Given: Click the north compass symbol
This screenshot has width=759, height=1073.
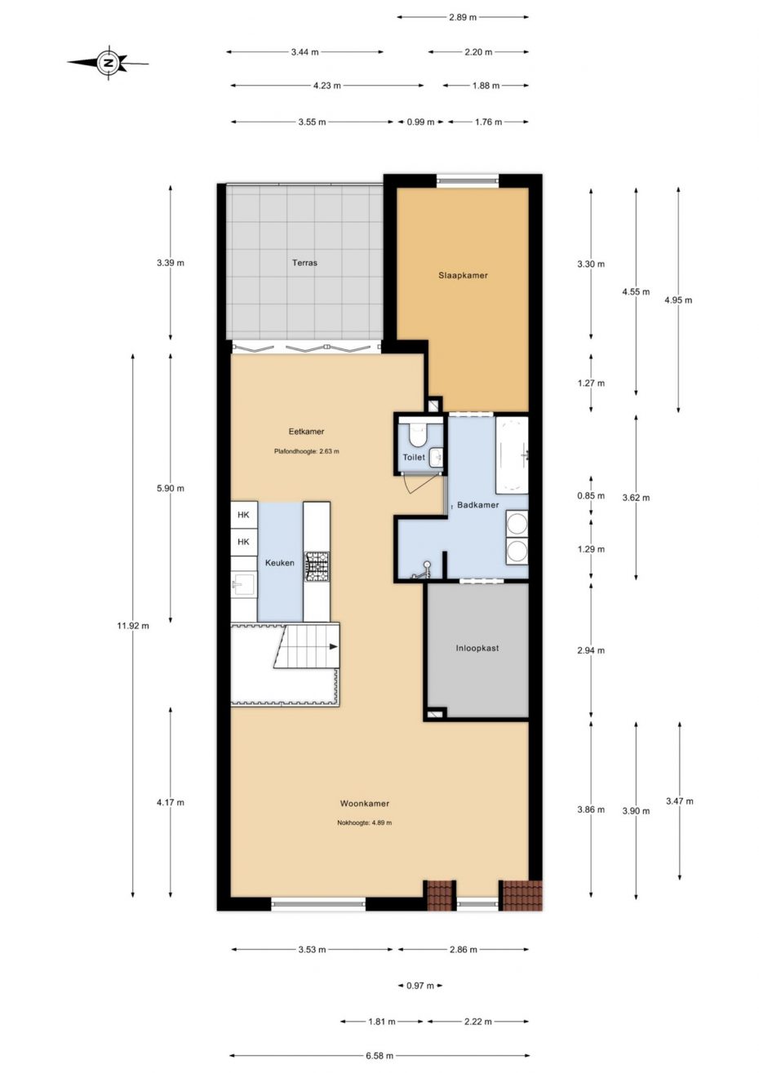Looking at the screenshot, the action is point(109,63).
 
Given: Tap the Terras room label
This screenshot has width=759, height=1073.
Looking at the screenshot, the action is point(304,263).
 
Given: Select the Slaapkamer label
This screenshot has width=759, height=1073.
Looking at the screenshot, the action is point(463,276).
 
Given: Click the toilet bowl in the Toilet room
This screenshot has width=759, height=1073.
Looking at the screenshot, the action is point(415,434).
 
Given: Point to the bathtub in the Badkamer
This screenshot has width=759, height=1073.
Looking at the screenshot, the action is point(512,455).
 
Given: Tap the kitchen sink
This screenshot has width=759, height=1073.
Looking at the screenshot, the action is point(244,585).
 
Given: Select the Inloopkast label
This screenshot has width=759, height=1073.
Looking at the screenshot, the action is point(477,648).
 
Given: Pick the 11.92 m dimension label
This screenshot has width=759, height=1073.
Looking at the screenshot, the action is point(133,626).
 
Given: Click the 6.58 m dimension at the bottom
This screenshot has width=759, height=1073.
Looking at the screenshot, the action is point(379,1055).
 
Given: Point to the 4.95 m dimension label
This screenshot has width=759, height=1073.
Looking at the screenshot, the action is point(678,300).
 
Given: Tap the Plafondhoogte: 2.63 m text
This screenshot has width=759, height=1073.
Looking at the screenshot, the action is point(307,451).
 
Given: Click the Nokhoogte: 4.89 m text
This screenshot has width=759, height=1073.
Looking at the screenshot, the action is point(364,823).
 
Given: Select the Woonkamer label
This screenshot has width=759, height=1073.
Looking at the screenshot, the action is point(365,804).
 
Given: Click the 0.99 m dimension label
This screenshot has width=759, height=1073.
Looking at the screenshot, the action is point(420,122).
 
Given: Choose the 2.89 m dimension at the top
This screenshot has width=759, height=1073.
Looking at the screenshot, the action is point(463,17).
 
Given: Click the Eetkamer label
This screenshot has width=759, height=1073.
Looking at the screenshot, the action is point(306,432).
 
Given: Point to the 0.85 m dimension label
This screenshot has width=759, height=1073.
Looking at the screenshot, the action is point(591,496).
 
